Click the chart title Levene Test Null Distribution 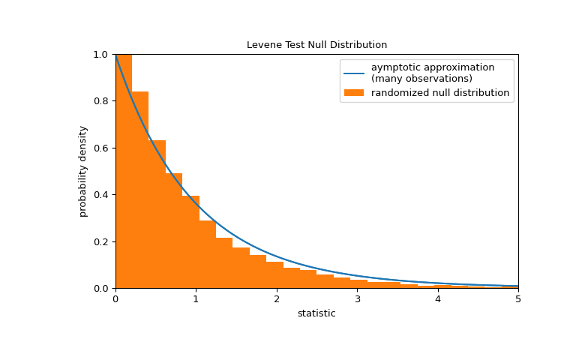[316, 45]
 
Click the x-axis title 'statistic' [316, 313]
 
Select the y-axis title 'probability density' [83, 171]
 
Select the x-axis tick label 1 [196, 299]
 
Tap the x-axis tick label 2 [277, 299]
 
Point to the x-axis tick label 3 [357, 299]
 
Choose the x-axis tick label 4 [437, 299]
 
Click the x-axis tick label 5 [517, 299]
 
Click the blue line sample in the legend [354, 73]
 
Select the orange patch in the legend [354, 93]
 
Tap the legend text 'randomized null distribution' [440, 93]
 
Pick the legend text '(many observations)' [421, 79]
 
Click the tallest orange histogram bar [124, 172]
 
